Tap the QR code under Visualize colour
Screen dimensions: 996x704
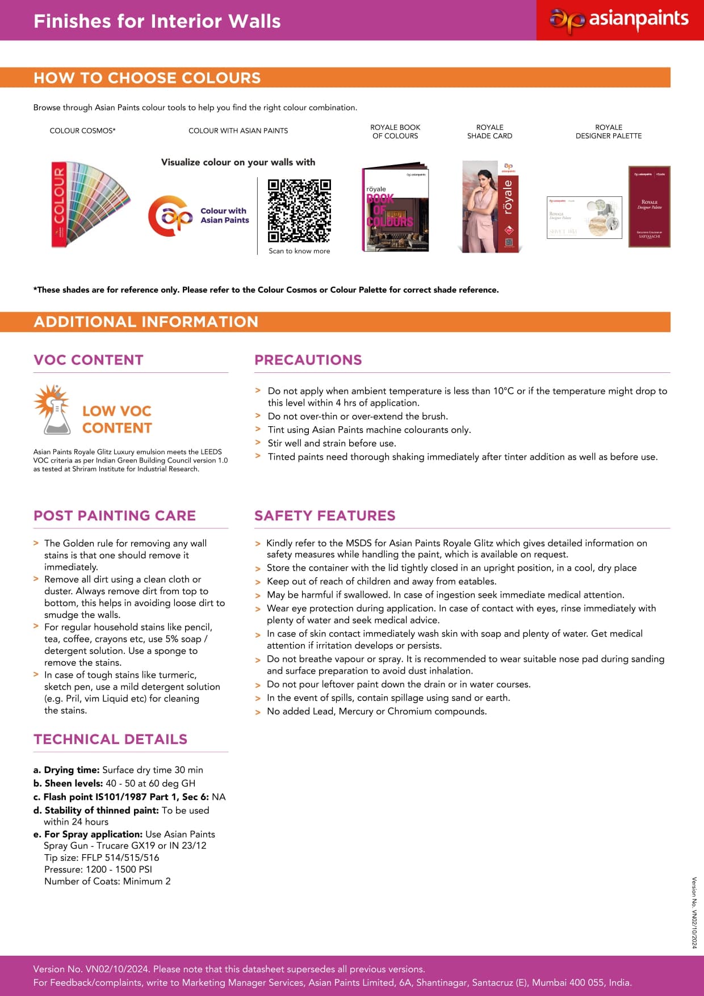click(299, 211)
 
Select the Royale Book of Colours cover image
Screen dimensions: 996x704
click(395, 209)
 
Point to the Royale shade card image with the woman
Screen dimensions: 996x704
click(490, 207)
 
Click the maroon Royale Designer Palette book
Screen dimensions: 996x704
click(649, 207)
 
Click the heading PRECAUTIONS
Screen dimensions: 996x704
click(308, 360)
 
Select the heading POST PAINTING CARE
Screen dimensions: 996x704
click(115, 515)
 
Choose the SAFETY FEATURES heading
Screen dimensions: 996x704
click(325, 515)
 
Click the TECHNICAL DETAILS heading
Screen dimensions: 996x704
click(110, 739)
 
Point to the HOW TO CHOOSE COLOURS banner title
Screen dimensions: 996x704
click(147, 78)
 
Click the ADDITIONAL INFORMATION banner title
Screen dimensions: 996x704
click(146, 322)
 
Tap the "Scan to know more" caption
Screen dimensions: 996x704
click(299, 251)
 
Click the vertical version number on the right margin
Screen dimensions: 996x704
click(694, 913)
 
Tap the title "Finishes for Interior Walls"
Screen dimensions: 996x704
click(157, 21)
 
